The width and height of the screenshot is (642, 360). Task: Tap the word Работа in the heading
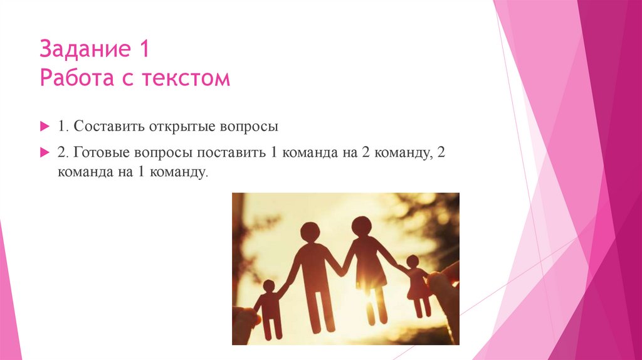[x=74, y=78]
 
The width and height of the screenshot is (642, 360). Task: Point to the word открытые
[x=181, y=126]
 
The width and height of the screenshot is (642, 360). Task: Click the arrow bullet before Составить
[x=44, y=126]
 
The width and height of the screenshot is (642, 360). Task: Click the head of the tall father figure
[x=310, y=232]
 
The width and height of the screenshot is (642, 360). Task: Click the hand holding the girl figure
[x=445, y=289]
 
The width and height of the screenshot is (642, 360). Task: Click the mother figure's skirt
[x=370, y=273]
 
